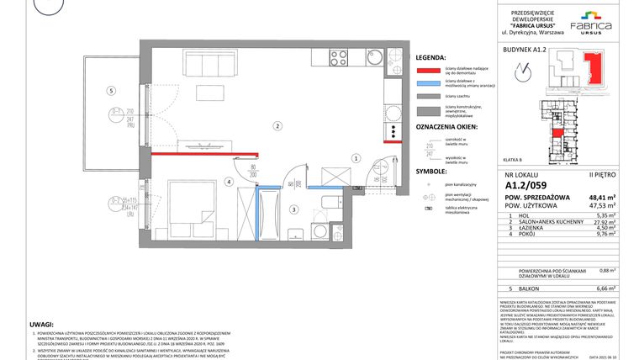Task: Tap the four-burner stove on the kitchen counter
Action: click(x=338, y=58)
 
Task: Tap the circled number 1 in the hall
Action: click(x=356, y=157)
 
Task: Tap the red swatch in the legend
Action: click(x=427, y=70)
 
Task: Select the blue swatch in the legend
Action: click(x=427, y=83)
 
